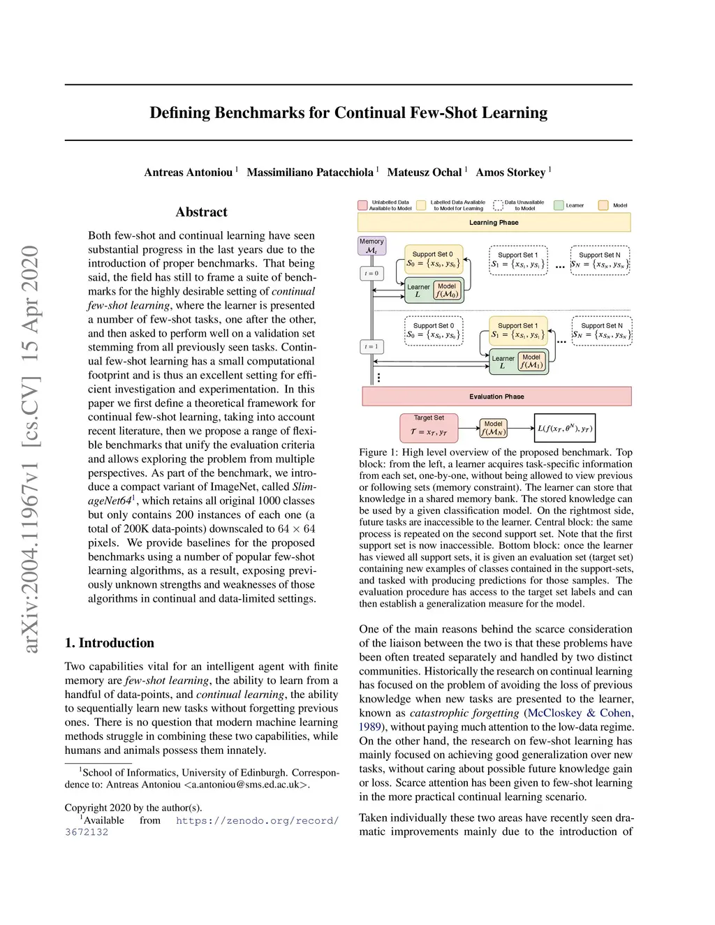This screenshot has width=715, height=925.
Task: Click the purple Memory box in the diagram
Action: pos(371,246)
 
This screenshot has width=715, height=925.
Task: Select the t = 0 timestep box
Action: pos(371,273)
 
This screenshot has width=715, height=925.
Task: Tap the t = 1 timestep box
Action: pos(371,346)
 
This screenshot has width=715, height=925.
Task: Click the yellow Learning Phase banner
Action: pos(494,222)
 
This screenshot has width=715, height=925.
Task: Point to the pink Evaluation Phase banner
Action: pos(496,396)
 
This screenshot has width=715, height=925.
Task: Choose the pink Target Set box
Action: pos(429,427)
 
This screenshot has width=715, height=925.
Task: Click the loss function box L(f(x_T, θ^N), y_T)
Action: pos(564,428)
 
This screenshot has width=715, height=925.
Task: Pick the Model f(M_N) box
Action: pos(493,428)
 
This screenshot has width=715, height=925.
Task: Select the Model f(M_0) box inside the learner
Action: pos(447,290)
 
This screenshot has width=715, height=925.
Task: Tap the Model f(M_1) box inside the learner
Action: pos(531,361)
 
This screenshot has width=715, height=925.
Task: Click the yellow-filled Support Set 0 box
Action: pos(433,260)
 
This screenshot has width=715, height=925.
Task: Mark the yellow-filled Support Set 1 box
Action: pos(517,330)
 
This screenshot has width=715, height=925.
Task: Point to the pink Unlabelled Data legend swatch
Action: pos(362,205)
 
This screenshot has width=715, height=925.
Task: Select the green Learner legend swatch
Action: pos(559,205)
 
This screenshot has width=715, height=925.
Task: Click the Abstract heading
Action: pos(201,212)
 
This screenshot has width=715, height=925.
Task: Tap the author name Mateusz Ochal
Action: pos(425,172)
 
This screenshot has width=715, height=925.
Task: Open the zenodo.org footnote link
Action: pos(257,820)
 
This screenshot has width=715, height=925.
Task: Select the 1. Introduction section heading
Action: pos(110,643)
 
